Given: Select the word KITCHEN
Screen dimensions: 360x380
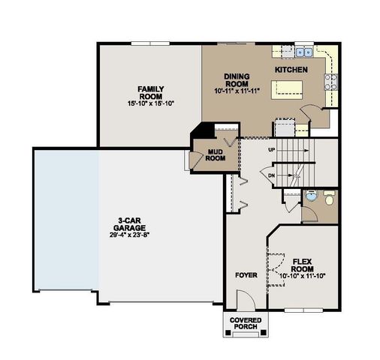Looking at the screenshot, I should click(x=291, y=69).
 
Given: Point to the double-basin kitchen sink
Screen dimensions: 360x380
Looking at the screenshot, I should click(x=304, y=52).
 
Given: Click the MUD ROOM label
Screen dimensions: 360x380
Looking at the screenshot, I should click(x=216, y=155).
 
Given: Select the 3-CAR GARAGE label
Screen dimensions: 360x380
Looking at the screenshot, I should click(x=130, y=223).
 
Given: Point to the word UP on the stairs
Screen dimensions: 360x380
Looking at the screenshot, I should click(x=272, y=150).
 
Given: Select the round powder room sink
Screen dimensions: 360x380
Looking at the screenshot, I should click(x=312, y=197).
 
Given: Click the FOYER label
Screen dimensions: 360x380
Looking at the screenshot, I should click(x=246, y=275).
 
